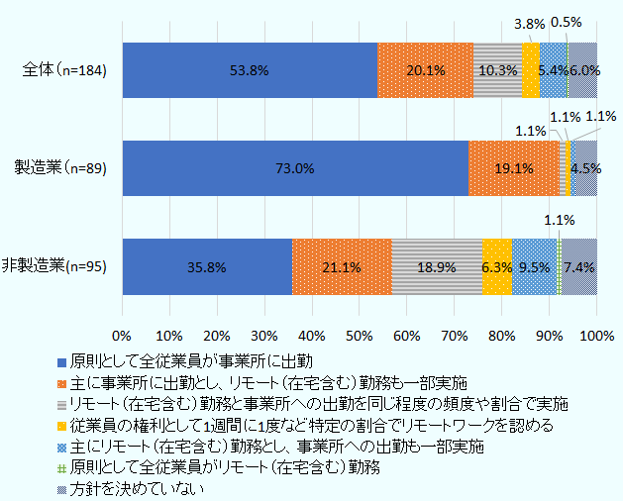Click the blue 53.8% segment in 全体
pos(250,71)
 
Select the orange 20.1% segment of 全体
pos(425,71)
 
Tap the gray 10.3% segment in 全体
pos(497,71)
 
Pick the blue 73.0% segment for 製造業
pos(295,168)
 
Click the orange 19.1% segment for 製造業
pos(513,168)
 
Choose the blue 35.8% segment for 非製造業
pos(207,266)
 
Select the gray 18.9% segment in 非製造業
pos(437,266)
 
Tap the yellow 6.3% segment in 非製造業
pos(497,266)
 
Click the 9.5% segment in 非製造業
pos(535,266)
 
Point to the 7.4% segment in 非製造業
pos(579,266)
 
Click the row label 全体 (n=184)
pos(64,70)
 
